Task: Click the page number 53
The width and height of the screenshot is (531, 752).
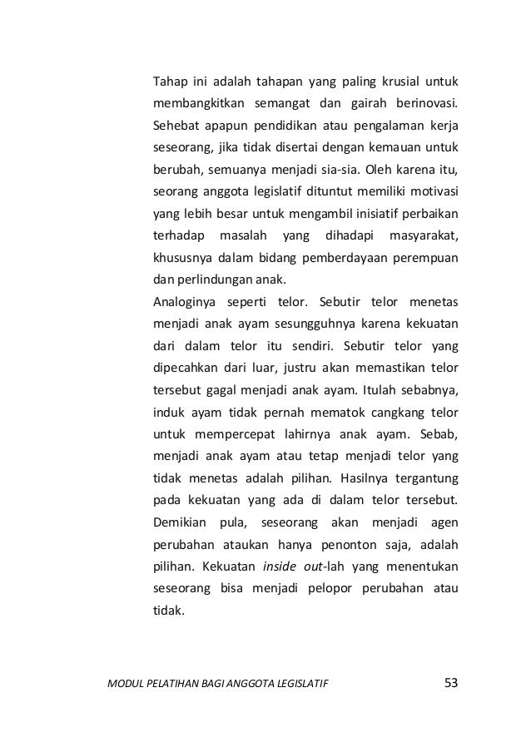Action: pos(452,684)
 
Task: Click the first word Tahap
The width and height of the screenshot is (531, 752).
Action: pos(169,82)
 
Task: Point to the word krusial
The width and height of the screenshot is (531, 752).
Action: pos(405,82)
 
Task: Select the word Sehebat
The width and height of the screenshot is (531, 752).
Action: pos(176,130)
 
